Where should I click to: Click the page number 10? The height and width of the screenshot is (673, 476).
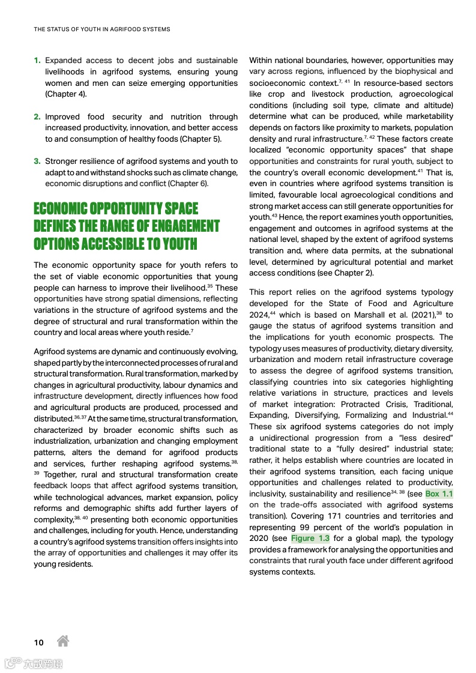tap(38, 642)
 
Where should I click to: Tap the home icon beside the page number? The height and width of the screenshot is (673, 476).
tap(62, 641)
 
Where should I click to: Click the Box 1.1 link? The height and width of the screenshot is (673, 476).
tap(439, 493)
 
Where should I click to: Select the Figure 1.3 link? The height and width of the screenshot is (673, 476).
tap(310, 538)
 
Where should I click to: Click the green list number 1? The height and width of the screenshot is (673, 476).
tap(37, 61)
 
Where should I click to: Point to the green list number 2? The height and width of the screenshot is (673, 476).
tap(37, 117)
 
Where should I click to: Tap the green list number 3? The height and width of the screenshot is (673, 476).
tap(37, 161)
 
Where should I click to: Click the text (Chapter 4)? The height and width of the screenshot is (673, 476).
tap(67, 94)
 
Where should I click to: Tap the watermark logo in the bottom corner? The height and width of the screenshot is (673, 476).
tap(34, 663)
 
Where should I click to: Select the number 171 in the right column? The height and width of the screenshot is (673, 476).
tap(338, 516)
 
